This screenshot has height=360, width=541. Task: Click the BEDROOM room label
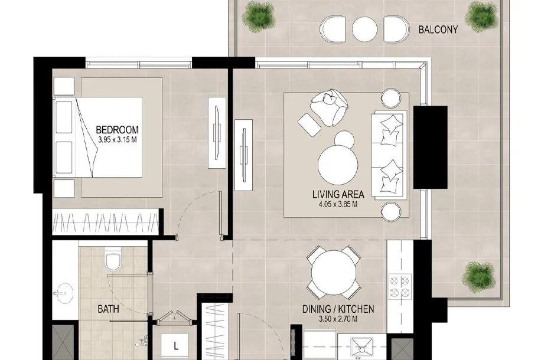tap(117, 130)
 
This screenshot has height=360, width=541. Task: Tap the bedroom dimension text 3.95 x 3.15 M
tap(117, 140)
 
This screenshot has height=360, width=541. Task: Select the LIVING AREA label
tap(338, 195)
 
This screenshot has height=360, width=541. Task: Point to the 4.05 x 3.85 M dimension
tap(338, 204)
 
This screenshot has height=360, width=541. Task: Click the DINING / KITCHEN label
tap(338, 309)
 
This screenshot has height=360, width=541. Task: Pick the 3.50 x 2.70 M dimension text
tap(338, 319)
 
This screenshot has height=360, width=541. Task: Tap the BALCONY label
tap(438, 30)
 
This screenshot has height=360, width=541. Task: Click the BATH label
tap(108, 309)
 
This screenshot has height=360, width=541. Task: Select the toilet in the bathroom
tap(113, 261)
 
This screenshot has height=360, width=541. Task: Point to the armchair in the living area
tap(329, 107)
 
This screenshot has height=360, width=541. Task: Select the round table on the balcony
tap(364, 29)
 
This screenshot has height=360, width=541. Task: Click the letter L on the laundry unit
tap(176, 346)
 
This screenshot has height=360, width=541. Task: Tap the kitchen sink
tap(361, 348)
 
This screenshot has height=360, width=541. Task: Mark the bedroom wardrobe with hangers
tap(105, 222)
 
